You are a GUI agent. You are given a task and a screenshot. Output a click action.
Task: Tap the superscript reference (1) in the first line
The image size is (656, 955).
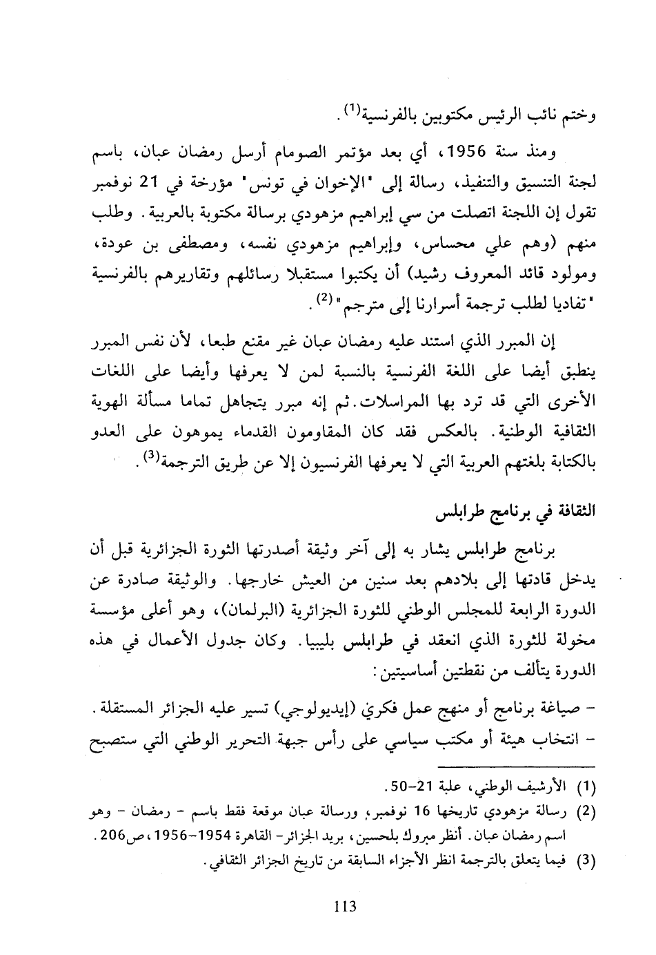(x=351, y=110)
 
